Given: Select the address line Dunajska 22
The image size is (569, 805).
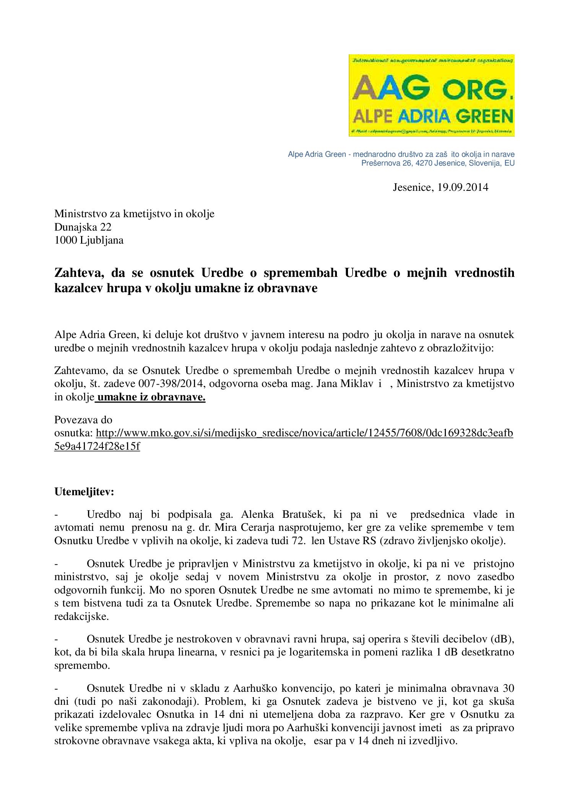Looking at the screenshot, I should tap(83, 227).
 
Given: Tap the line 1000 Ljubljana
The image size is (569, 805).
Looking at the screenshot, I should tap(89, 240).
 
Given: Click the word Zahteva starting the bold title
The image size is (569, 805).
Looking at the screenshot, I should tap(79, 273).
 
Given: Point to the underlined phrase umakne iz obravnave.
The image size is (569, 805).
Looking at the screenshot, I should tap(152, 397).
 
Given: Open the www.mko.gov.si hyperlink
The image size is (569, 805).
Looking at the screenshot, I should tap(304, 433).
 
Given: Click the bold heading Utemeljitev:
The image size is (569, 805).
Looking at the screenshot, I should tap(85, 491).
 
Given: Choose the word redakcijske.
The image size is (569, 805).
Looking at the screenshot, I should tap(81, 617).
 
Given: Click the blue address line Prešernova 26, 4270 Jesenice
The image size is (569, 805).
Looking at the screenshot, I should tap(438, 163).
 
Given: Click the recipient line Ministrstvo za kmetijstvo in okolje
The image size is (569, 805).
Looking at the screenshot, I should tap(134, 214).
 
